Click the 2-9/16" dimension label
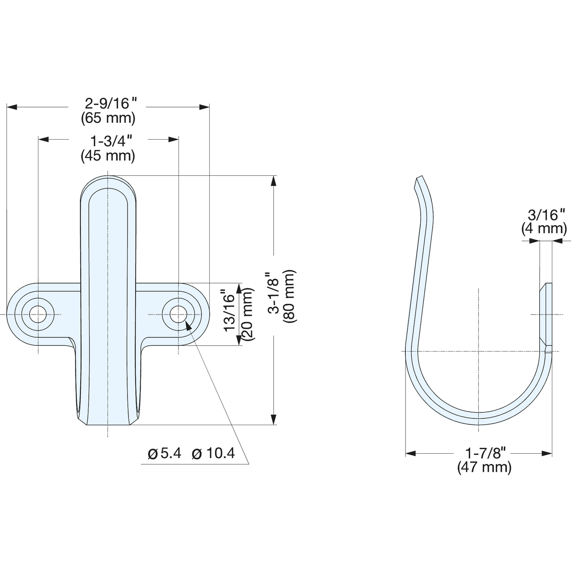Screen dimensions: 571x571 (x=111, y=103)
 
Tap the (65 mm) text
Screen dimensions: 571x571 (x=108, y=118)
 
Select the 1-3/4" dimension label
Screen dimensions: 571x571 (x=111, y=141)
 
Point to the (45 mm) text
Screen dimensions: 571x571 (x=108, y=156)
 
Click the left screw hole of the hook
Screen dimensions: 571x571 (x=38, y=314)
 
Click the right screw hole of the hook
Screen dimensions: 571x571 (x=178, y=314)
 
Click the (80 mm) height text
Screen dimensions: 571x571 (x=289, y=296)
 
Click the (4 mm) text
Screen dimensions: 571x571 (x=544, y=229)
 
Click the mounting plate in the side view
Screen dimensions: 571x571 (x=546, y=318)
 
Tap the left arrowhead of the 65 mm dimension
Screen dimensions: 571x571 (x=12, y=107)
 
